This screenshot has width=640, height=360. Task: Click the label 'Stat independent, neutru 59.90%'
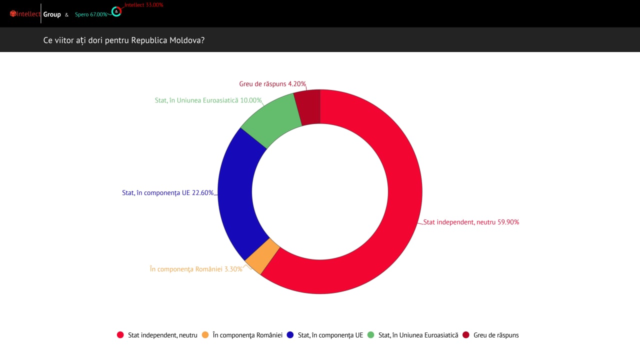pyautogui.click(x=471, y=222)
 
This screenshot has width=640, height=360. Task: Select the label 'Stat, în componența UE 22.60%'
pyautogui.click(x=168, y=192)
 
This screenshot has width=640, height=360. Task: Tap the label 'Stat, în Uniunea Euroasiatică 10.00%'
pyautogui.click(x=208, y=100)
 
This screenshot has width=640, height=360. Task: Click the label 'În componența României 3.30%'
pyautogui.click(x=196, y=269)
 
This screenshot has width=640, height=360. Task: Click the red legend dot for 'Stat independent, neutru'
pyautogui.click(x=120, y=335)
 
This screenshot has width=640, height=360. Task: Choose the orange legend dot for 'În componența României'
pyautogui.click(x=205, y=335)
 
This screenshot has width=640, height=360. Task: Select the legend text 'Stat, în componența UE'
pyautogui.click(x=330, y=335)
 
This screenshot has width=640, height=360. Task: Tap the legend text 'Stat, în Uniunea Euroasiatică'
pyautogui.click(x=418, y=335)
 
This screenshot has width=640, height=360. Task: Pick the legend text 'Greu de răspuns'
pyautogui.click(x=496, y=335)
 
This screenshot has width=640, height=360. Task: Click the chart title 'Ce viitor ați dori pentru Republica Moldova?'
pyautogui.click(x=124, y=40)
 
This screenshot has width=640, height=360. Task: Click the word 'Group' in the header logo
pyautogui.click(x=52, y=14)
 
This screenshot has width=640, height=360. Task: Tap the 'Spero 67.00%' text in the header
pyautogui.click(x=91, y=14)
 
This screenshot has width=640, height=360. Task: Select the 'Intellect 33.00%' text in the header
pyautogui.click(x=144, y=4)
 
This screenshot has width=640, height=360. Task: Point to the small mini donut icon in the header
pyautogui.click(x=116, y=11)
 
